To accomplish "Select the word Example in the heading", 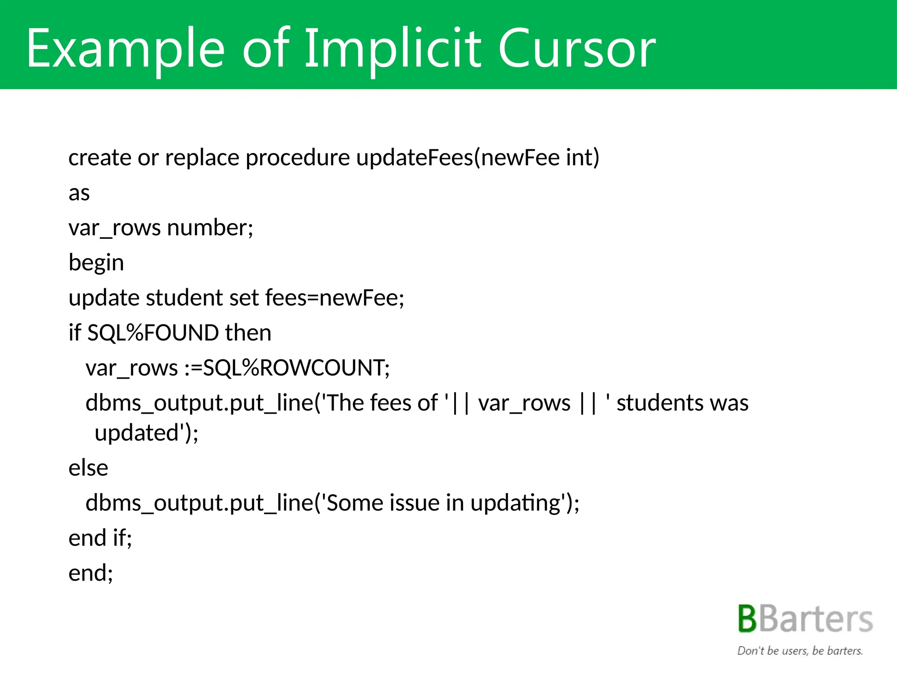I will coord(125,49).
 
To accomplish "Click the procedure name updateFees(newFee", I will coord(457,157).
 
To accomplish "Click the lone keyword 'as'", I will coord(79,193).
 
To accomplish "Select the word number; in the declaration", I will coord(210,228).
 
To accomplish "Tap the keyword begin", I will coord(96,263).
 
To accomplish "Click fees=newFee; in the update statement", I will coord(335,298).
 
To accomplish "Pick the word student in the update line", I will coord(184,298).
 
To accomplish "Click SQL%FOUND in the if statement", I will coord(153,333).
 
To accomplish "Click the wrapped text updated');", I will coord(146,433).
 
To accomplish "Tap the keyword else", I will coord(88,468).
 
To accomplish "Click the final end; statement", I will coord(91,573).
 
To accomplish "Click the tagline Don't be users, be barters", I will coord(800,651).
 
